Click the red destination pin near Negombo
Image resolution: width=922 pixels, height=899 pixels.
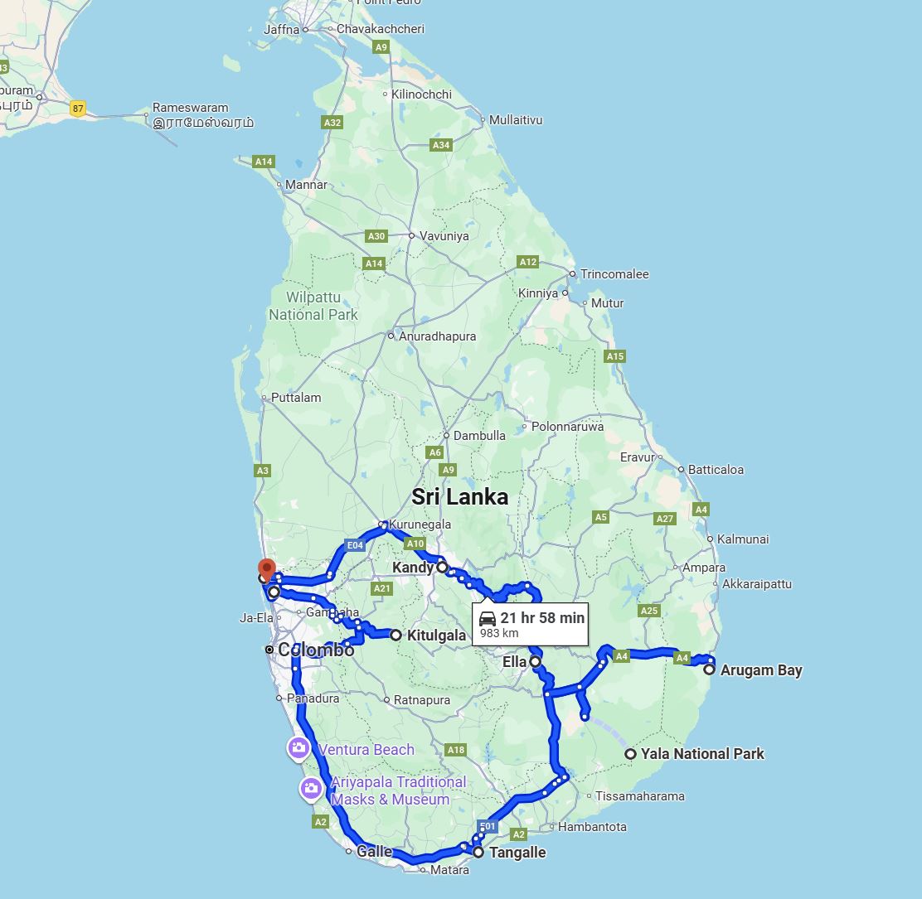click(266, 569)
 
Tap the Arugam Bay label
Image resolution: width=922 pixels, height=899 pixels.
click(760, 670)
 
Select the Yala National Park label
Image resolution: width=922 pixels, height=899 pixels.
click(701, 754)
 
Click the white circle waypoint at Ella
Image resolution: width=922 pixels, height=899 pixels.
click(536, 662)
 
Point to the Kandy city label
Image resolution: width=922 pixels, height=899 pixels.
click(413, 568)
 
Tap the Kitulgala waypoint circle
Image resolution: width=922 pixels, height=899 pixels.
click(395, 636)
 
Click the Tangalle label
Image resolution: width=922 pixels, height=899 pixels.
click(517, 853)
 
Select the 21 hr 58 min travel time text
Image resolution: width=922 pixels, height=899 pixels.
click(542, 618)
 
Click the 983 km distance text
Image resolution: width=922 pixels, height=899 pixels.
click(499, 634)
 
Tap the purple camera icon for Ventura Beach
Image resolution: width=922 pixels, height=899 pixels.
click(298, 748)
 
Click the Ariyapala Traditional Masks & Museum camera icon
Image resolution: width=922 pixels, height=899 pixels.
click(311, 789)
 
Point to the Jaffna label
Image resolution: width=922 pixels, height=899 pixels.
click(280, 29)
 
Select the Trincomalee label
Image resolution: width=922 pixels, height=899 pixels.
click(614, 274)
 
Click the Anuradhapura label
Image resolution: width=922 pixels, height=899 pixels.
click(437, 336)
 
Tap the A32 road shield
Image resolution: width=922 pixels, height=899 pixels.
click(332, 123)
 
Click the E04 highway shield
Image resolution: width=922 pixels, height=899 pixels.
click(355, 545)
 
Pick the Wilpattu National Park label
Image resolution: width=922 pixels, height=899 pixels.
click(313, 306)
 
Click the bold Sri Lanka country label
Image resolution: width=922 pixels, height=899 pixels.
click(460, 497)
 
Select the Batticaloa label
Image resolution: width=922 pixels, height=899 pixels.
click(716, 470)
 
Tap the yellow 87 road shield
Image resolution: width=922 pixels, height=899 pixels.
click(78, 109)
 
